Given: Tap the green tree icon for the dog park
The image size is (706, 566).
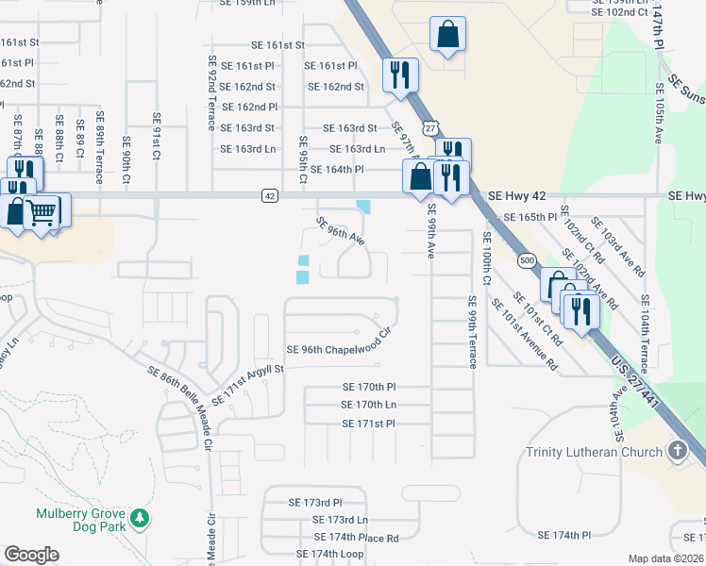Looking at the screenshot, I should click(x=140, y=518).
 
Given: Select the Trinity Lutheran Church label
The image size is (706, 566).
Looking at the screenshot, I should click(x=593, y=452).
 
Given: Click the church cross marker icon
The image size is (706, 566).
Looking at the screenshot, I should click(x=677, y=451).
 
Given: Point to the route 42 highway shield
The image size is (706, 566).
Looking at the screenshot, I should click(x=270, y=196).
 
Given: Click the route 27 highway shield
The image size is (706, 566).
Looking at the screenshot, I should click(x=430, y=127).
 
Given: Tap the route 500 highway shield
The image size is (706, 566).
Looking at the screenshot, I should click(x=526, y=260).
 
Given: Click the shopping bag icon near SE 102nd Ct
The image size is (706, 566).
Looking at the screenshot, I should click(x=448, y=35).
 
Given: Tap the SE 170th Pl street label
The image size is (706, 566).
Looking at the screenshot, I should click(x=369, y=387).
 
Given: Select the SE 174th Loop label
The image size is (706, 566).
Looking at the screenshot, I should click(x=329, y=554).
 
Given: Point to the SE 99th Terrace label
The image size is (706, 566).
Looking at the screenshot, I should click(x=470, y=330).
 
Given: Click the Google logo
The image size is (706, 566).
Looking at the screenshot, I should click(x=31, y=555).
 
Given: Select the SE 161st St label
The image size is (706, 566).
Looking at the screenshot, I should click(x=277, y=44).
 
